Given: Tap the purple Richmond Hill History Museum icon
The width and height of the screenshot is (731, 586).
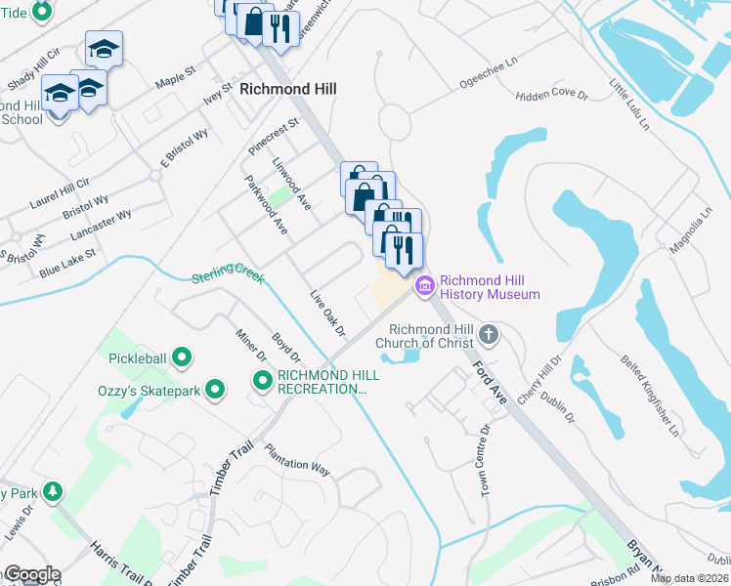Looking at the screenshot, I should pyautogui.click(x=425, y=285).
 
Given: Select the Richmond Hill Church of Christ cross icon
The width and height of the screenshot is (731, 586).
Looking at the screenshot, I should pyautogui.click(x=489, y=336).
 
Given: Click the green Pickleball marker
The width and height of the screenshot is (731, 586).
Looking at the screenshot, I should pyautogui.click(x=181, y=358).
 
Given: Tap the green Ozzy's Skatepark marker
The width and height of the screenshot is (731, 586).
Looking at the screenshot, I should pyautogui.click(x=215, y=391).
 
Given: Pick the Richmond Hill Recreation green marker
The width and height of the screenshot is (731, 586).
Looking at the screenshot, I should pyautogui.click(x=262, y=381).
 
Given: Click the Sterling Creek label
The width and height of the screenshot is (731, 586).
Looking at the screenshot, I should pyautogui.click(x=228, y=277).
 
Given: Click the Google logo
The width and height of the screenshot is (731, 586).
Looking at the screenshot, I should pyautogui.click(x=31, y=574).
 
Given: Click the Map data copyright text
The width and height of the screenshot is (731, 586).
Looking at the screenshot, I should pyautogui.click(x=690, y=578).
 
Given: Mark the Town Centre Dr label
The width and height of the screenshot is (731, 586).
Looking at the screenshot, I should pyautogui.click(x=485, y=460).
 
